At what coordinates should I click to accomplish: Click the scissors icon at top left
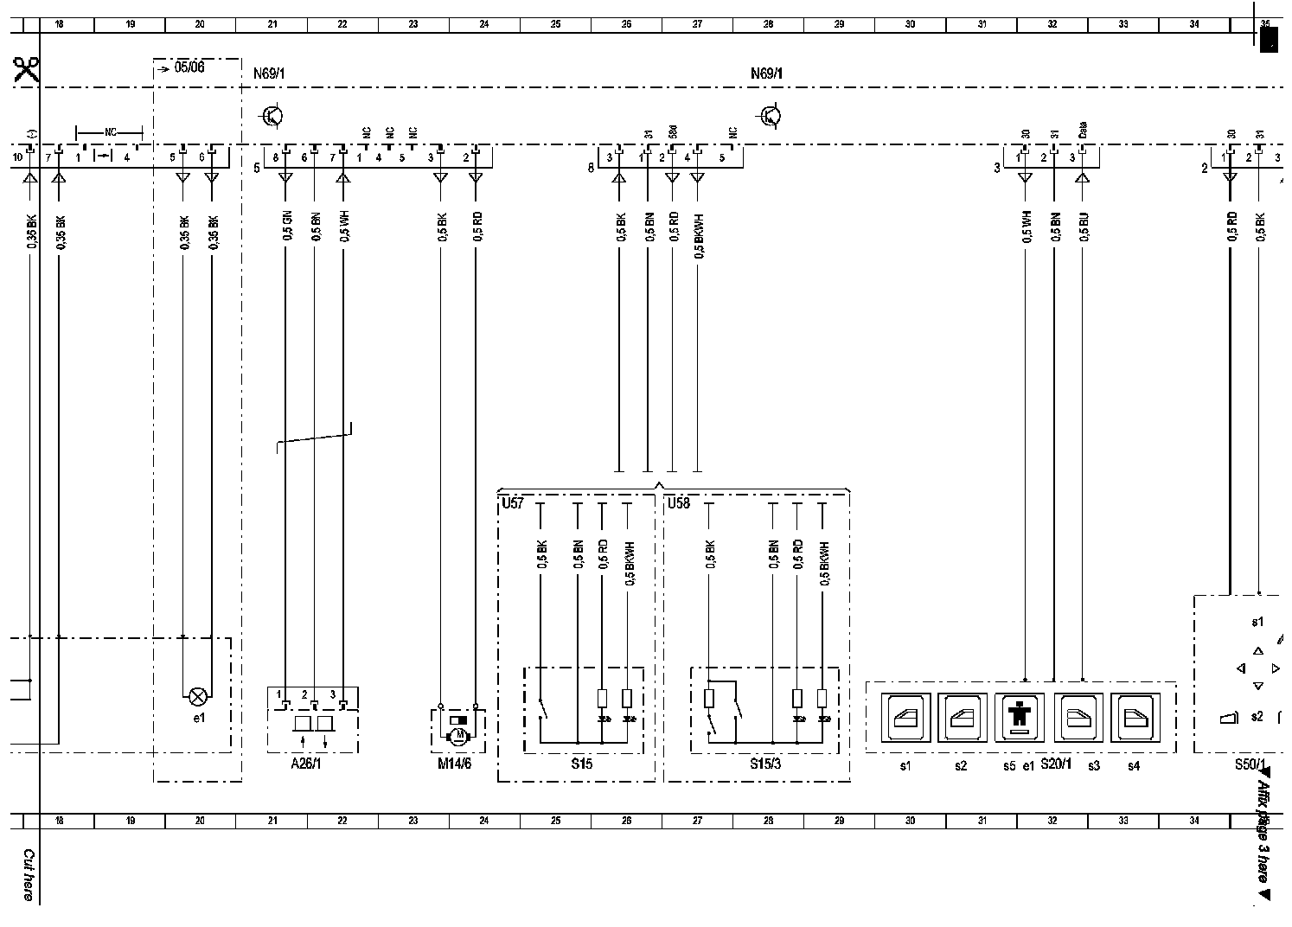coord(26,69)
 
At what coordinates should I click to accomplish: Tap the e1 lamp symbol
coord(198,694)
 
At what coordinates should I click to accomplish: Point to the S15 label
coord(582,764)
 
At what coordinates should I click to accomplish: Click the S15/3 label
coord(765,764)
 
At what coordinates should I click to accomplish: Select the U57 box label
coord(513,502)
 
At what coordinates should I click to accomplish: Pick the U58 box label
coord(679,502)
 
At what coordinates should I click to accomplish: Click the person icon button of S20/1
coord(1019,717)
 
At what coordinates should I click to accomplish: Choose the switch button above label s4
coord(1133,717)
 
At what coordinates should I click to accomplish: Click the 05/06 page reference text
coord(189,67)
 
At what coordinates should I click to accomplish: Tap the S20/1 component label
coord(1055,764)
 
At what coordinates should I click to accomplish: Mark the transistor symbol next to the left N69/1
coord(273,115)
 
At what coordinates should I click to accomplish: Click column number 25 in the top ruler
coord(555,24)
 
